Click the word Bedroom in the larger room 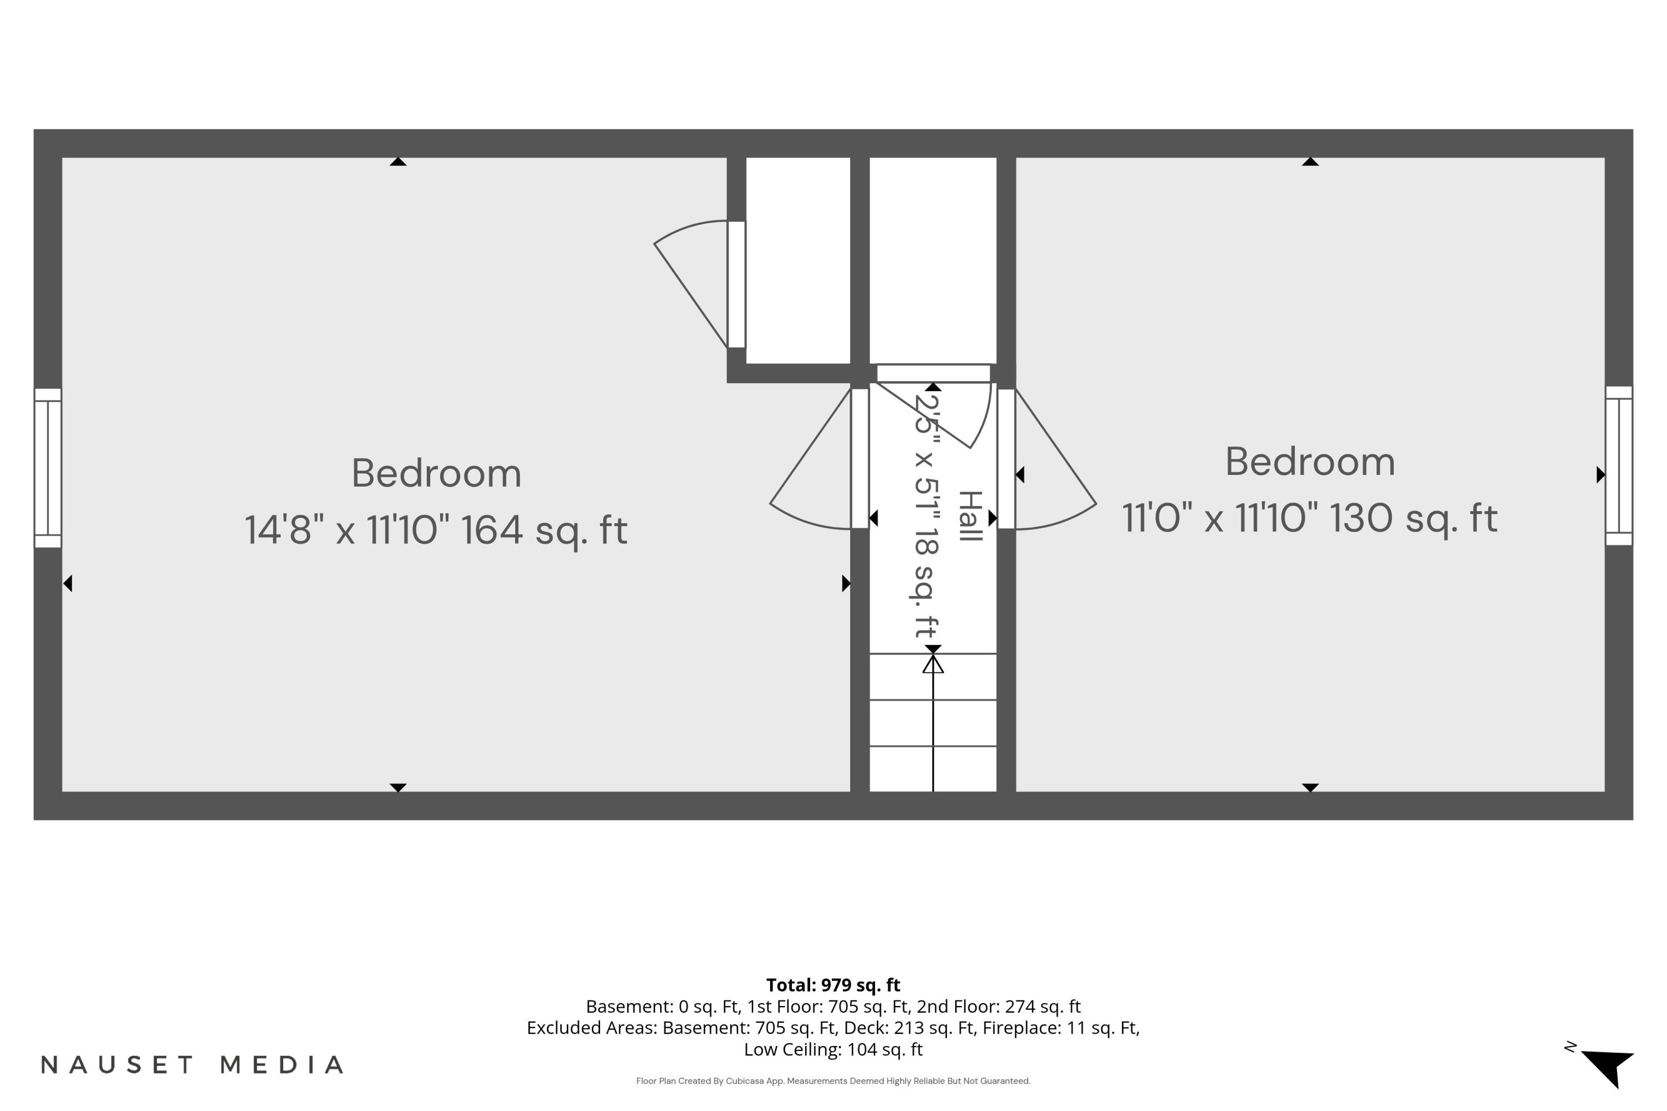pos(437,473)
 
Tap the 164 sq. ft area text pos(545,531)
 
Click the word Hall pos(970,516)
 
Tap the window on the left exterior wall pos(47,468)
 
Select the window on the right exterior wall pos(1619,466)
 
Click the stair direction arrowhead pos(933,664)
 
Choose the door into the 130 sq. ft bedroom pos(1047,458)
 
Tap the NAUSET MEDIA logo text pos(192,1065)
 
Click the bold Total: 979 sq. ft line pos(833,985)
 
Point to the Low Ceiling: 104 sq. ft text pos(833,1049)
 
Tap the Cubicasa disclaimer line pos(833,1081)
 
